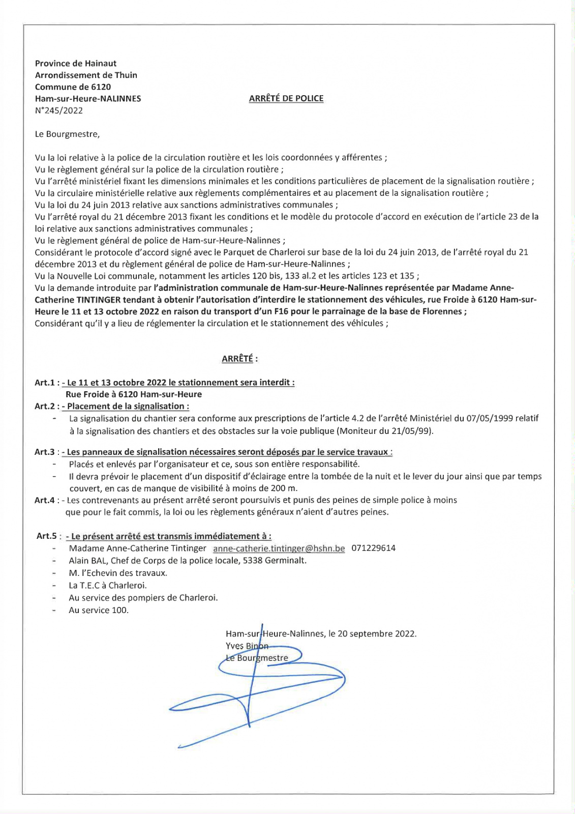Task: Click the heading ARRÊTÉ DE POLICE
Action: [286, 99]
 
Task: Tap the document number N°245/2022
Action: [58, 110]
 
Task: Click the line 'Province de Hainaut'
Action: [75, 64]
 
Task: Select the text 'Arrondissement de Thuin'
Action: [86, 75]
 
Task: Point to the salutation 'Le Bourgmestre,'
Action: [67, 134]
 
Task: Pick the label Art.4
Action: [44, 500]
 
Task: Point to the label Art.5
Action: [47, 536]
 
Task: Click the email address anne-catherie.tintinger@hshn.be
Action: [279, 548]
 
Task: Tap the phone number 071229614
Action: [373, 548]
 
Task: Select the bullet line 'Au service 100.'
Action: [99, 610]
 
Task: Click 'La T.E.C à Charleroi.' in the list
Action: [107, 586]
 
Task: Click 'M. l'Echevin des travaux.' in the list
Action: [118, 573]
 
